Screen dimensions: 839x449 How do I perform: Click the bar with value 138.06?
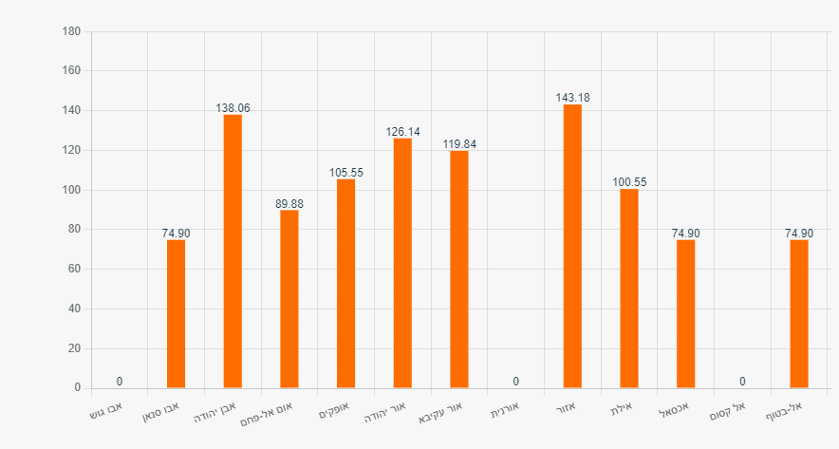233,251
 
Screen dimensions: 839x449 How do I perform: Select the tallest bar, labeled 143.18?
572,246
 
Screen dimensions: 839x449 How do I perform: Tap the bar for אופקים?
345,284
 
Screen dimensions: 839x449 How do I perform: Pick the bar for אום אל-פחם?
289,299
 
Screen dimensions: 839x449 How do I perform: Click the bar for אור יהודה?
402,263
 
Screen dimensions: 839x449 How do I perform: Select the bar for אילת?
629,289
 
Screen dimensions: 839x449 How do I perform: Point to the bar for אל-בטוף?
799,313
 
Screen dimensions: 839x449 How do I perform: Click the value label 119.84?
459,144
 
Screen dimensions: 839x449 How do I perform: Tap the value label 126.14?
402,132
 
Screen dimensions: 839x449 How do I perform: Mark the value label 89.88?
289,204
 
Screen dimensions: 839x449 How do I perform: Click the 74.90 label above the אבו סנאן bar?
176,234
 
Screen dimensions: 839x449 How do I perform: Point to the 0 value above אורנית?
515,382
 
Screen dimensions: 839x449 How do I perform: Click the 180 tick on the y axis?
72,31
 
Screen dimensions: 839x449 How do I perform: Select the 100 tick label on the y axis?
72,190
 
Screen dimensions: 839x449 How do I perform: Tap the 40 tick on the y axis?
74,309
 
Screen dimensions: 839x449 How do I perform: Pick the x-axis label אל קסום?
727,410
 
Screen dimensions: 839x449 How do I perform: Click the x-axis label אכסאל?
673,409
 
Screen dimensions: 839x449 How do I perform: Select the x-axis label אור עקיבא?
440,412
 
